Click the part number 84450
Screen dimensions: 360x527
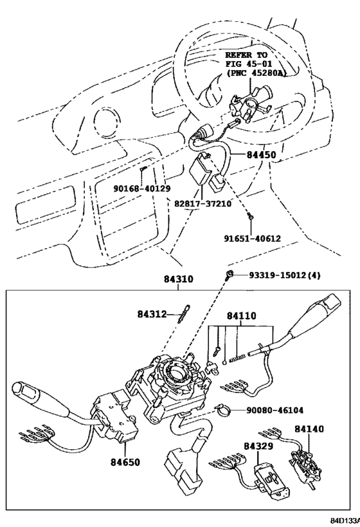tap(261, 154)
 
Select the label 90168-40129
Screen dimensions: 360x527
tap(141, 189)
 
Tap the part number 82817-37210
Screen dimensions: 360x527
tap(203, 203)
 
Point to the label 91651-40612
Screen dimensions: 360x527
tap(252, 238)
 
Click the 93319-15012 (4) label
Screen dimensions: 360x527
tap(284, 275)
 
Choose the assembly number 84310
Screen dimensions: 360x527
tap(179, 279)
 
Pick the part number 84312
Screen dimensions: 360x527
tap(152, 314)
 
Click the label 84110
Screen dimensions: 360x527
tap(241, 316)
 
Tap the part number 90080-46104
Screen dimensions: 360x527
tap(274, 410)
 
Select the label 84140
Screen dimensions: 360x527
tap(309, 429)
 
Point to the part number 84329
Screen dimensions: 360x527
tap(258, 446)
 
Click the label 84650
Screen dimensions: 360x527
tap(125, 462)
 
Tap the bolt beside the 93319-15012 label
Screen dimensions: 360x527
tap(230, 275)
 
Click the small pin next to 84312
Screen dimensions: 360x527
tap(184, 313)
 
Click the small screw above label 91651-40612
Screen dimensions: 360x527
tap(250, 216)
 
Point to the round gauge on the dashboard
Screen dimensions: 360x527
tap(107, 121)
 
